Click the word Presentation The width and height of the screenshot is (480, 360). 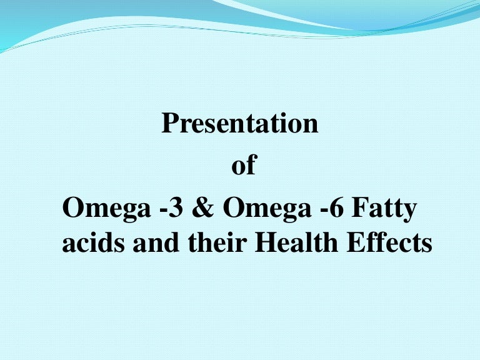tap(240, 123)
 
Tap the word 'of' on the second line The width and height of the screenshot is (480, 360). tap(244, 164)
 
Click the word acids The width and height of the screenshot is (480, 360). tap(93, 242)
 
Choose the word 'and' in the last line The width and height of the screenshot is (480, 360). tap(156, 242)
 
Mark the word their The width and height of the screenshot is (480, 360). tap(217, 242)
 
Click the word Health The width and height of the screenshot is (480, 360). tap(296, 242)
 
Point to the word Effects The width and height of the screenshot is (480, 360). tap(389, 242)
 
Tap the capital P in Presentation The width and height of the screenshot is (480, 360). tap(170, 123)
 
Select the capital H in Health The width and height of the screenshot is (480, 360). tap(266, 242)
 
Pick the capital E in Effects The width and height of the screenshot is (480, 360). tap(355, 242)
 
